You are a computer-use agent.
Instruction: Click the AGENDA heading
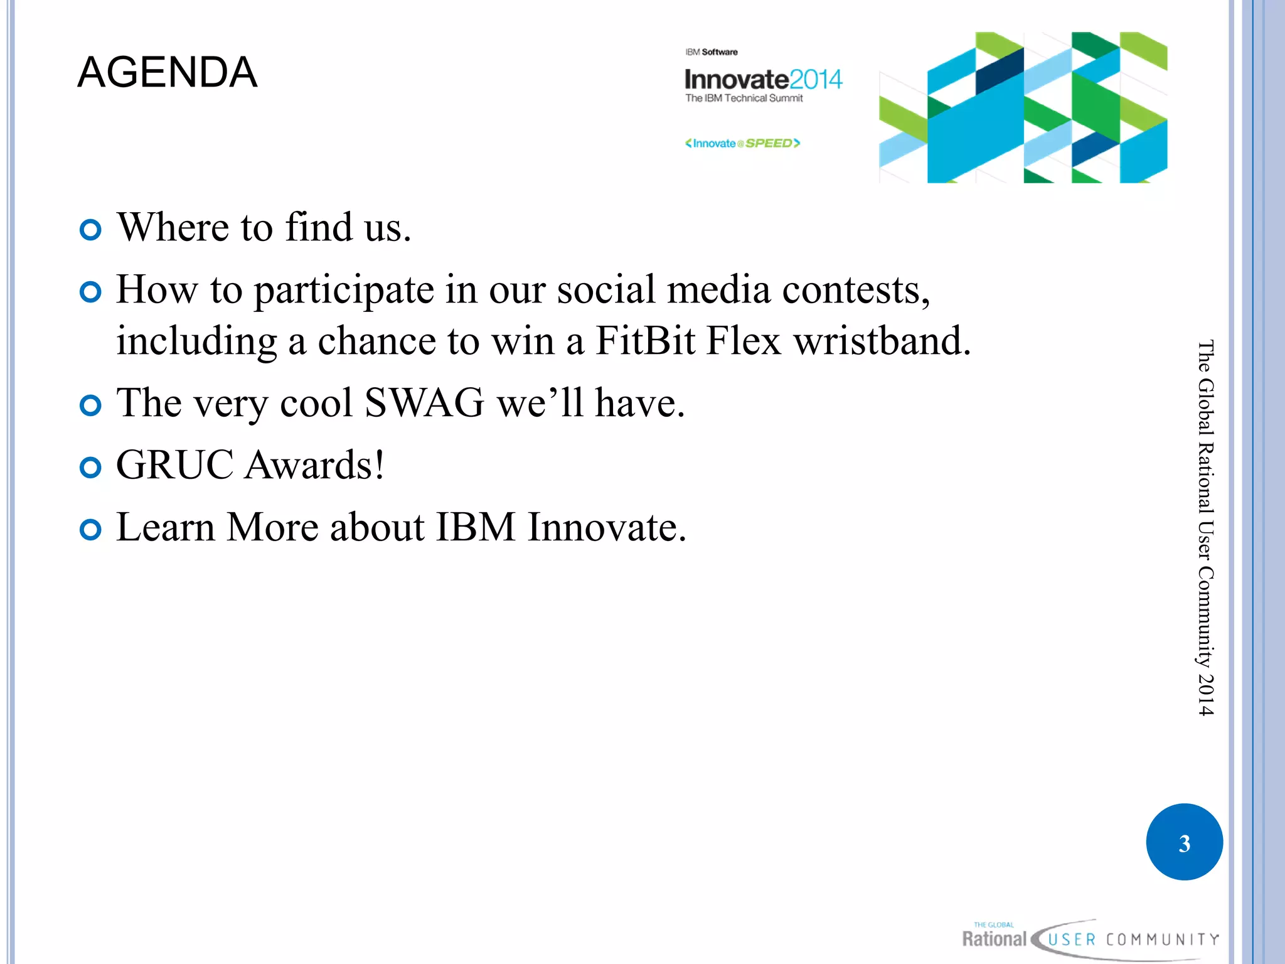(167, 72)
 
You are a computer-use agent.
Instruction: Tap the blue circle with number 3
(1184, 842)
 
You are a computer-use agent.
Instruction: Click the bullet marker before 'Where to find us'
(91, 230)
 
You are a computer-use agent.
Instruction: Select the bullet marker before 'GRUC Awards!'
(91, 468)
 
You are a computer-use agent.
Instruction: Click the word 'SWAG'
(424, 403)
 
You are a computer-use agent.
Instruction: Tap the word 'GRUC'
(175, 465)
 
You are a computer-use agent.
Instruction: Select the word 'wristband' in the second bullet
(882, 341)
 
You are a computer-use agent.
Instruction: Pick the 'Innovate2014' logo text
(763, 80)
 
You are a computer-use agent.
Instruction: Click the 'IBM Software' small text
(712, 52)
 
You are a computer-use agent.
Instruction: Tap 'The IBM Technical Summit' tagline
(744, 99)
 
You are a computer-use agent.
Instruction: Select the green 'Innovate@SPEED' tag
(743, 144)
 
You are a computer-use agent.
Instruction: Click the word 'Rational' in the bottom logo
(994, 940)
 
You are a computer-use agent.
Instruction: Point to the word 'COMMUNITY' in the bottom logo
(1162, 940)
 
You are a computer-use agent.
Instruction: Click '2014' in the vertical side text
(1205, 695)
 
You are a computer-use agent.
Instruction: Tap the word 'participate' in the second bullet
(344, 291)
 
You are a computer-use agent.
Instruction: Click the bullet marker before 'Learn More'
(91, 530)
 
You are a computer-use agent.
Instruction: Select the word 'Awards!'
(314, 465)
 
